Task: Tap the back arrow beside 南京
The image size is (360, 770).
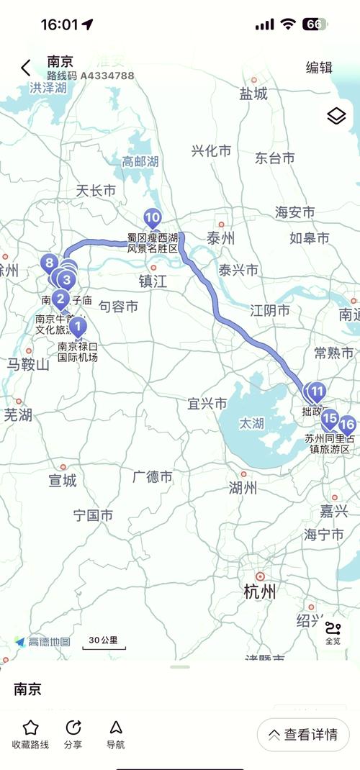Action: [26, 68]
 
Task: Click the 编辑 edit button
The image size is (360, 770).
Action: [319, 68]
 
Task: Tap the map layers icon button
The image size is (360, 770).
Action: [336, 117]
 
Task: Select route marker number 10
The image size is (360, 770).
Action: [152, 217]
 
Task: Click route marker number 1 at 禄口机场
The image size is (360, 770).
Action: [78, 327]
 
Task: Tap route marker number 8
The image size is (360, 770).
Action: [49, 263]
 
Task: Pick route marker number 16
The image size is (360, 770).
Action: [346, 425]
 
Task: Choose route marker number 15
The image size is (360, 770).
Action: [330, 418]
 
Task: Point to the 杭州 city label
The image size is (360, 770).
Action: [260, 592]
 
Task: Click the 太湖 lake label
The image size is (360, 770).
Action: [252, 424]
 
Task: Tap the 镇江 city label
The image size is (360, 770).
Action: [153, 281]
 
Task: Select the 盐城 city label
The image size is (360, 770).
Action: [253, 94]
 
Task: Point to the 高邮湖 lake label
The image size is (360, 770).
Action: [140, 162]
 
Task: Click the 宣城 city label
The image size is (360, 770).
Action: [63, 480]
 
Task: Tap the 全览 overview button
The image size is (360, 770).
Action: [333, 633]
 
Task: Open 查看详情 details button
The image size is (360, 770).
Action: [303, 735]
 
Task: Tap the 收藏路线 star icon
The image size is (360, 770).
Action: [30, 728]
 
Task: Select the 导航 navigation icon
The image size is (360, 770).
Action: [115, 728]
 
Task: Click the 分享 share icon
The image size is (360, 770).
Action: [73, 728]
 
